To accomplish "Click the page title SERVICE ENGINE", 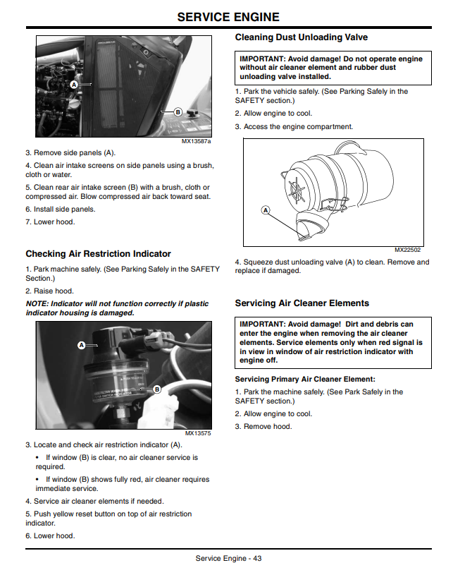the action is [x=228, y=17].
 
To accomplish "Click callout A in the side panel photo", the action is [x=74, y=85].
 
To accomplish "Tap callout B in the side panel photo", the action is [x=178, y=111].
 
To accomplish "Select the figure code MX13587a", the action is [x=196, y=141].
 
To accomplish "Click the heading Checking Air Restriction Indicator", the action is [x=98, y=254].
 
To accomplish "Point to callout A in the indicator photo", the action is [x=82, y=345].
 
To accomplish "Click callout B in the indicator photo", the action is [x=157, y=389].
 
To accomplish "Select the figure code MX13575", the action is [x=198, y=433].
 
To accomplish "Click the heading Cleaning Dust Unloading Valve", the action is [x=302, y=37].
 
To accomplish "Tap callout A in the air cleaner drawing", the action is [x=266, y=210].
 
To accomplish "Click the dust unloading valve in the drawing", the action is [x=311, y=226].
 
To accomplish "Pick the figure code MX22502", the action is [x=407, y=250].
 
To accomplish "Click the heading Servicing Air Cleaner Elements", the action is [x=302, y=303].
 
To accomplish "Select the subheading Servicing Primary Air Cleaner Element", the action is [x=305, y=379].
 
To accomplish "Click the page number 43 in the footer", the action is [x=257, y=558].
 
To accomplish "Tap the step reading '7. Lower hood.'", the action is [x=50, y=222].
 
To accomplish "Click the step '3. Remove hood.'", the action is [x=263, y=427].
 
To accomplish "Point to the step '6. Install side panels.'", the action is [x=61, y=210].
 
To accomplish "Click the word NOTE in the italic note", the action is [x=37, y=303].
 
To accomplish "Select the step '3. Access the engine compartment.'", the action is [x=294, y=126].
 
